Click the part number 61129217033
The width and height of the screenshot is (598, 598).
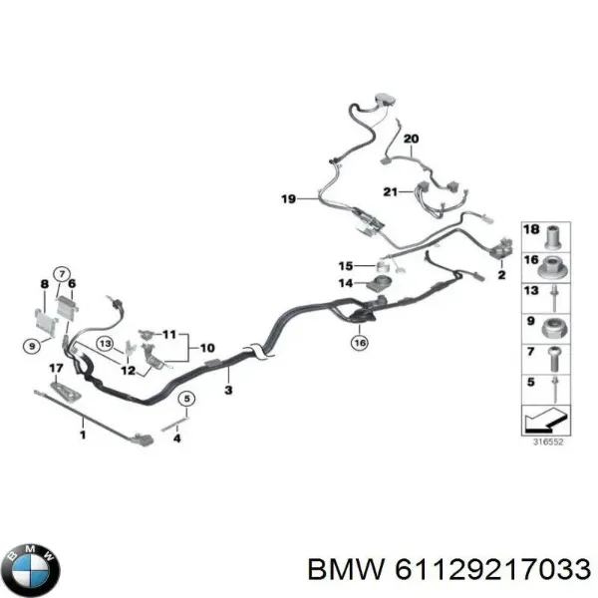492,570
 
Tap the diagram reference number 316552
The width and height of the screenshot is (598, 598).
547,442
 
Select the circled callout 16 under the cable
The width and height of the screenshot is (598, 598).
360,343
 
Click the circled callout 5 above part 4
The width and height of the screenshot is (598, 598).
186,399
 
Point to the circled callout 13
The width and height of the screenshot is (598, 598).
105,344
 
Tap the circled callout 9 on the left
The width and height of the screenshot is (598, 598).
32,346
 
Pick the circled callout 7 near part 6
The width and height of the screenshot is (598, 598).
62,274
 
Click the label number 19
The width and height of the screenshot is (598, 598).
288,198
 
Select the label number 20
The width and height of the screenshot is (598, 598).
411,139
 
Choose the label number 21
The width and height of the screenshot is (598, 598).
390,191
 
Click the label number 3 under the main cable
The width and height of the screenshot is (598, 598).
228,390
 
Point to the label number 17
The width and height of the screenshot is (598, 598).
56,368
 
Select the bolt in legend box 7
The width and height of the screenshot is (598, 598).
553,359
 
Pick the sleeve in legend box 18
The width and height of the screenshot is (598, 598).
552,237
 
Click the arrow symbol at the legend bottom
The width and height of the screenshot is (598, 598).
546,420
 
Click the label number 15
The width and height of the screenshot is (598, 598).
346,266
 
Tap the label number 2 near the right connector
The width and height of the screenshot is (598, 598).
501,274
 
